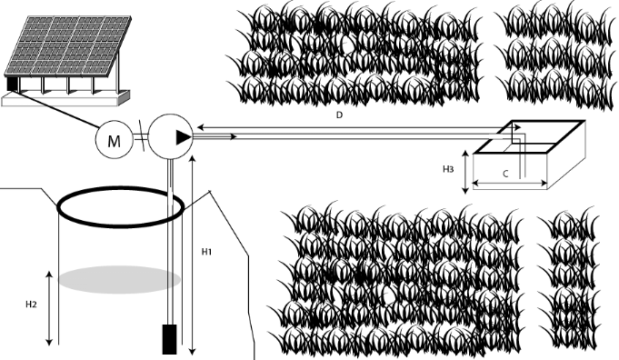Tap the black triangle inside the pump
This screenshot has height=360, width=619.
click(184, 137)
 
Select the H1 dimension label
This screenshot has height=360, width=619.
click(207, 252)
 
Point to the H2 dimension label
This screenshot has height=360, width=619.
click(31, 305)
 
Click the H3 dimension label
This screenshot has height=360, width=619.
click(448, 169)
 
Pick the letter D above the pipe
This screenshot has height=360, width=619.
click(339, 115)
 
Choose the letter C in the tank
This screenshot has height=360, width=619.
click(505, 174)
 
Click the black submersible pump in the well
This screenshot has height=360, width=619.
click(170, 339)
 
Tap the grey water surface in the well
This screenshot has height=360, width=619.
click(119, 279)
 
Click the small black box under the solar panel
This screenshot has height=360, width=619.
click(13, 84)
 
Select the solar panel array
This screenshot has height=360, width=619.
click(67, 45)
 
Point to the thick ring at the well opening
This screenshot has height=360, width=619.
click(121, 190)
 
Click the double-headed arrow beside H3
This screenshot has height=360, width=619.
click(465, 172)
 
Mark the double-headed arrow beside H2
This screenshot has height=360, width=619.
click(49, 308)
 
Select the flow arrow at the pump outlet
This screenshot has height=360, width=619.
click(215, 136)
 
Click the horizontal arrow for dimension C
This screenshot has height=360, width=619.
click(510, 183)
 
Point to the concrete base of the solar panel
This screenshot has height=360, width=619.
click(65, 99)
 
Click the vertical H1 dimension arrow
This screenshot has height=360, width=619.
click(193, 255)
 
